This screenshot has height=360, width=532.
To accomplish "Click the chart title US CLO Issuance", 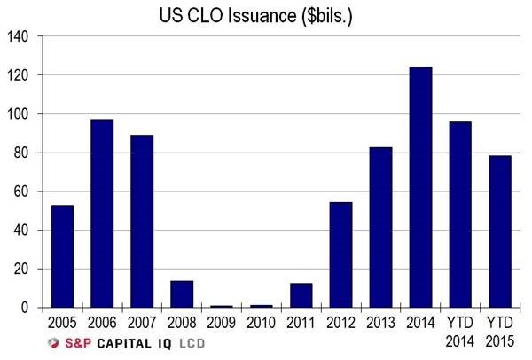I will coord(266,15).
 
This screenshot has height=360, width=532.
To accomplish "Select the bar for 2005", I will coord(61,256).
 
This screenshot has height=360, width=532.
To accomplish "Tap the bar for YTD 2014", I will coord(460,215).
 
